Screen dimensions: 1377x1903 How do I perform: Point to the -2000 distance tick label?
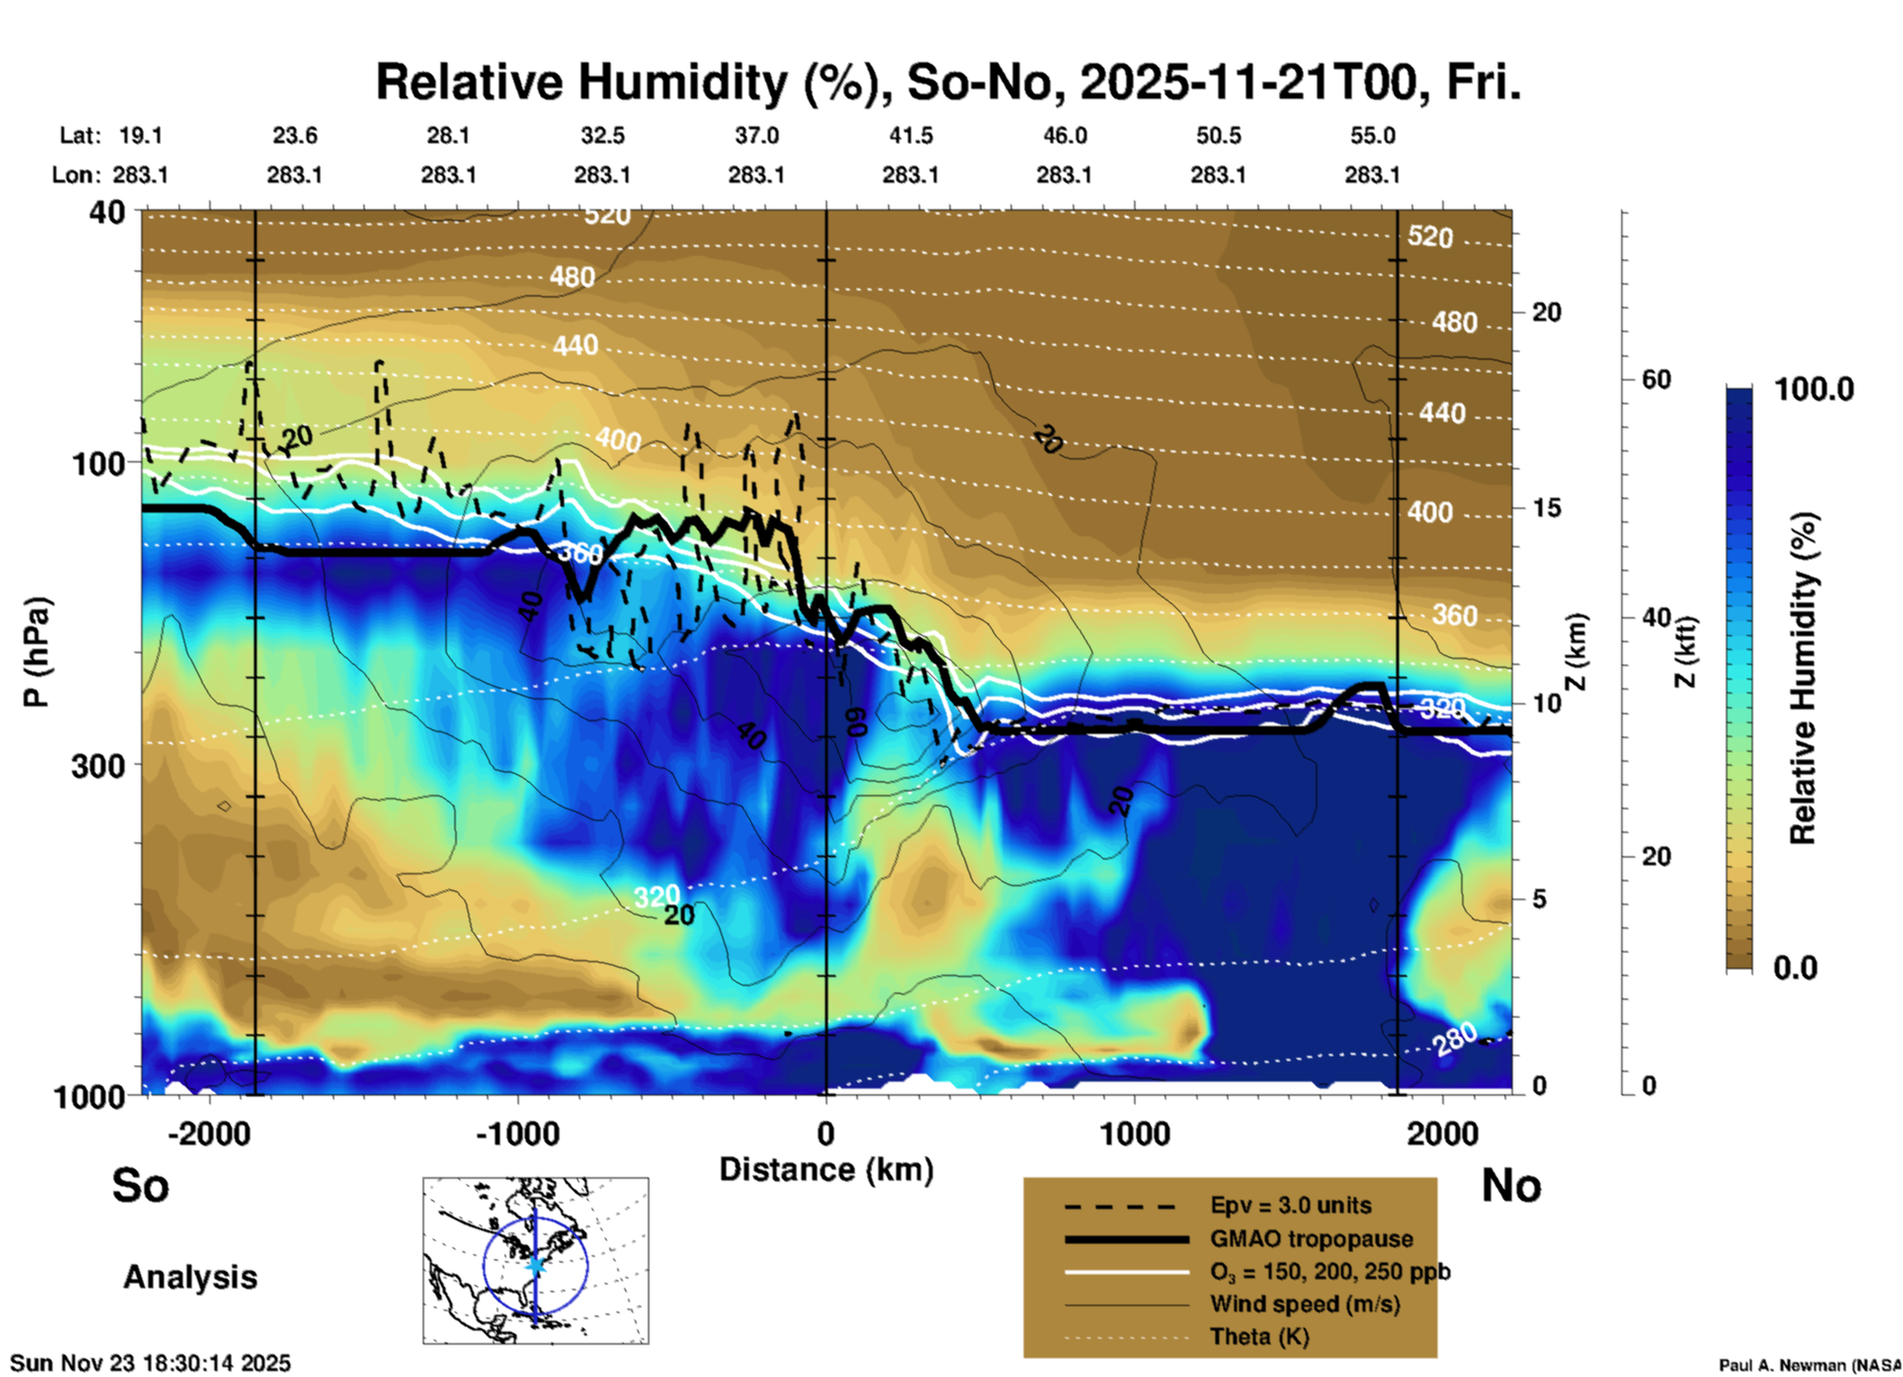click(x=208, y=1133)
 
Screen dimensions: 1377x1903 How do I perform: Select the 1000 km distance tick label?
click(x=1134, y=1133)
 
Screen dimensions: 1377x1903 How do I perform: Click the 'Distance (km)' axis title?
click(x=826, y=1170)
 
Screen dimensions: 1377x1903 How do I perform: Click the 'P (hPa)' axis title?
click(x=37, y=651)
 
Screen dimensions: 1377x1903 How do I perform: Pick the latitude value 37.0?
click(x=757, y=135)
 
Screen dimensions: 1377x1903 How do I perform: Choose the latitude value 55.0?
click(x=1372, y=135)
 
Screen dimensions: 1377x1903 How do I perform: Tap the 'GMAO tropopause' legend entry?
click(x=1311, y=1239)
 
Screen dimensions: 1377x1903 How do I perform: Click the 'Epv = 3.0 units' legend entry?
click(x=1290, y=1206)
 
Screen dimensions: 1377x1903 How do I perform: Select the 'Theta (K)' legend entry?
click(x=1259, y=1336)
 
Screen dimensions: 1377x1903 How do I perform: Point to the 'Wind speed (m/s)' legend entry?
click(x=1304, y=1304)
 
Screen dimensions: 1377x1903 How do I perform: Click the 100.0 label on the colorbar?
click(x=1814, y=389)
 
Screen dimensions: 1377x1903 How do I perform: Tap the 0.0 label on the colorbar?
click(x=1795, y=968)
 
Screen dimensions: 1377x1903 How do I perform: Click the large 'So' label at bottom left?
click(x=140, y=1185)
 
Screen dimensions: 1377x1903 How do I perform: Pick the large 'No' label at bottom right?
click(x=1511, y=1185)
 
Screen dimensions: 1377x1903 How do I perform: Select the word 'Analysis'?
click(x=190, y=1277)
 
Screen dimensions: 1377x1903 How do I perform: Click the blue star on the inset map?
click(x=536, y=1264)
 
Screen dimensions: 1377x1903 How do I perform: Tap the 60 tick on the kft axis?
click(x=1656, y=379)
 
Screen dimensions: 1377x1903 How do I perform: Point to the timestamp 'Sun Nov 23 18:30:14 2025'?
click(x=151, y=1363)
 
